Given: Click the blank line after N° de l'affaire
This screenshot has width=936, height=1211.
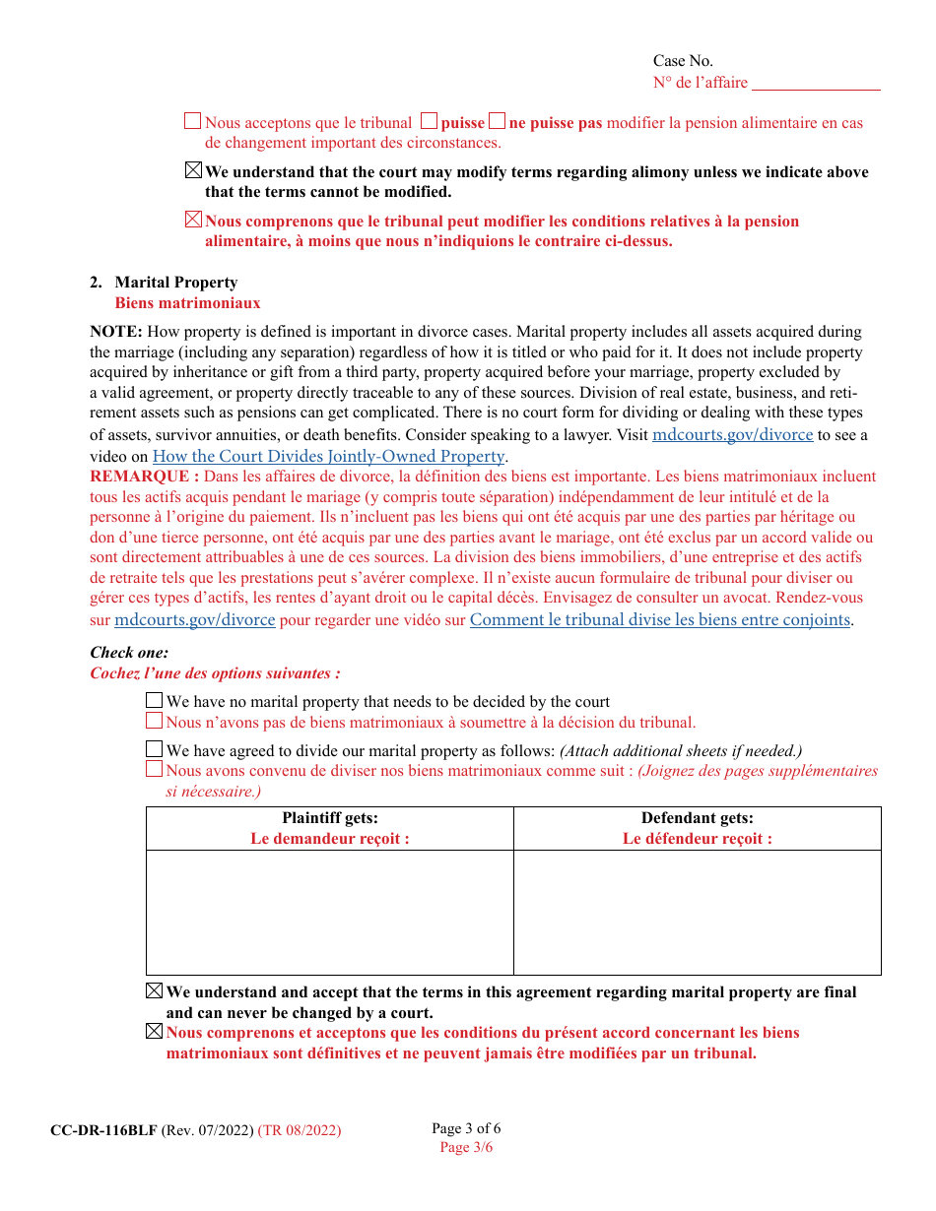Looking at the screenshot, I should pos(816,84).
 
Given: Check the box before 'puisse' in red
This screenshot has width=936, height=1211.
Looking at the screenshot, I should pos(429,122).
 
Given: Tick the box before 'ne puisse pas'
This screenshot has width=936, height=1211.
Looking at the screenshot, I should pos(497,122).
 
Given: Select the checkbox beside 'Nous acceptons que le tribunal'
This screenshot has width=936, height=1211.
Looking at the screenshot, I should pos(193,122).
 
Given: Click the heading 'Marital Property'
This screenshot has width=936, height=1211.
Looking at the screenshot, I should pos(175,283).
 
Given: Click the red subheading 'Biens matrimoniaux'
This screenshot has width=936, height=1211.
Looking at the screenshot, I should pos(187,303).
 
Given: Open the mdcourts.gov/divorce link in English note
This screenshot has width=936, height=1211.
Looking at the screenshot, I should pos(732,434).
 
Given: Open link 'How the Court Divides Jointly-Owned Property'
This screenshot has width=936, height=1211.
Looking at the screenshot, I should pos(328,456).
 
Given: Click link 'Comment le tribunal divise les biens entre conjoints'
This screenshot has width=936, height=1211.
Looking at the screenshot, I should pos(659,619).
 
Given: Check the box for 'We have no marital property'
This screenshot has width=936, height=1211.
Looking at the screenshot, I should pos(154,701).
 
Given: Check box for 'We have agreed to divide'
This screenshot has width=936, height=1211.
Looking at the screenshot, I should pos(154,749).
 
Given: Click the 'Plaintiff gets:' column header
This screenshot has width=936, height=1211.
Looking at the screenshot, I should pos(330,818).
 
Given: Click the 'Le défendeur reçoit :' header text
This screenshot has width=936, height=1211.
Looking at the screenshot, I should pos(697,839).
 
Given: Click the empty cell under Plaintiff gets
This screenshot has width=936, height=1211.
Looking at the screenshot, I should pos(330,912).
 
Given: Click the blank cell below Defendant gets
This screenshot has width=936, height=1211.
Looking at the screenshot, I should pos(697,912).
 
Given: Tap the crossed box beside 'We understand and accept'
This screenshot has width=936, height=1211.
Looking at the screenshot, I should pos(154,991).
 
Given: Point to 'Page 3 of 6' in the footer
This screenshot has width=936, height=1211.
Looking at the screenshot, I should pos(466,1128).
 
